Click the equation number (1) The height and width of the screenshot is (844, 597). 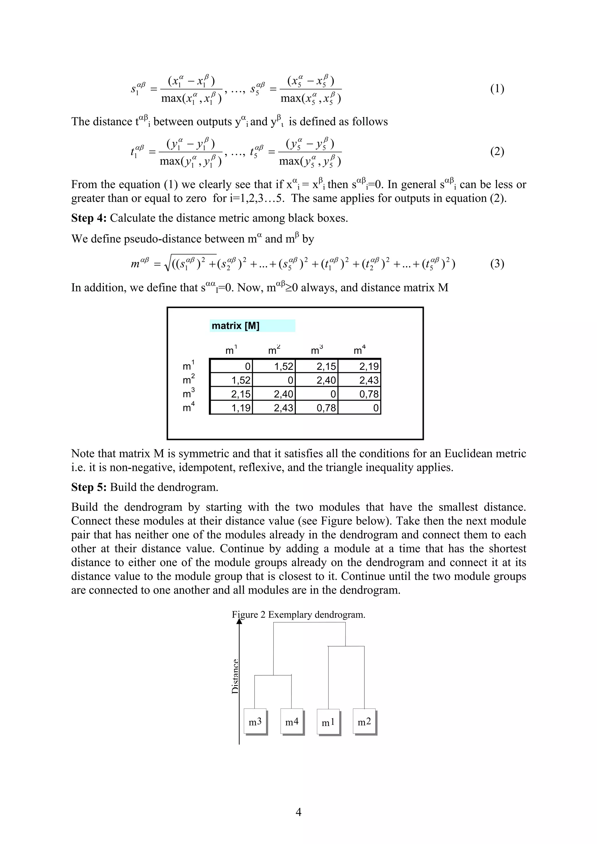pos(497,89)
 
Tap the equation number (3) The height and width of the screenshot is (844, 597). pos(497,264)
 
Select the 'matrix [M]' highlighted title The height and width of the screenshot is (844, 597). pos(236,326)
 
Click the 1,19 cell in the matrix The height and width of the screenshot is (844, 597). pos(231,408)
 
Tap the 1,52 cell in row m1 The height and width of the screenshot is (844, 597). pos(274,366)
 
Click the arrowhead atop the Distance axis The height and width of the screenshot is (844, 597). pos(239,621)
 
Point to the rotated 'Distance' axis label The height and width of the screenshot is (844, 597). pos(235,676)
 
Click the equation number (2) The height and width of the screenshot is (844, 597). pos(497,151)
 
